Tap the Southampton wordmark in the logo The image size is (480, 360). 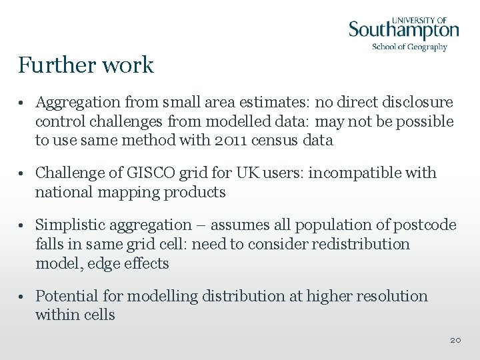404,30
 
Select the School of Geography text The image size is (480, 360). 409,47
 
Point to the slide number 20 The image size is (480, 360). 455,340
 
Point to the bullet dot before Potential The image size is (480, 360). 23,297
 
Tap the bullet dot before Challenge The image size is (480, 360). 23,174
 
